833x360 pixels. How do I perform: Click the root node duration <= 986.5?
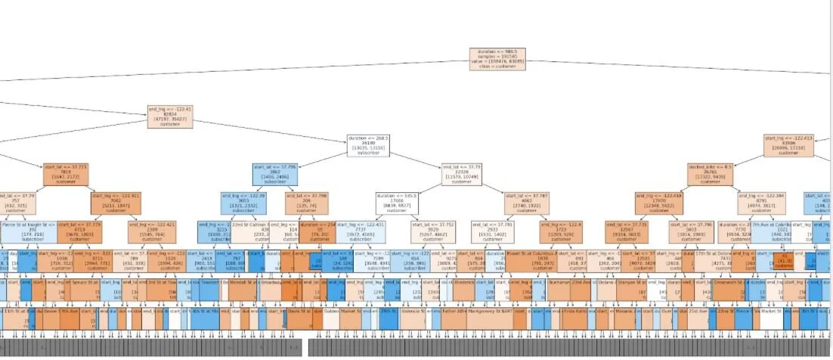coord(497,60)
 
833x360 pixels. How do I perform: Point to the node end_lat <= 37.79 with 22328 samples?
coord(464,174)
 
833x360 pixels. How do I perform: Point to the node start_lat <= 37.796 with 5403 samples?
coord(689,231)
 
